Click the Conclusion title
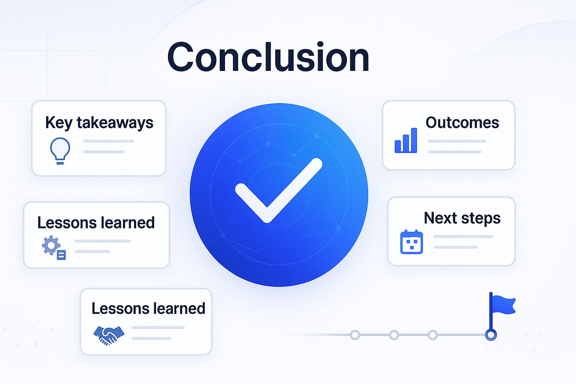pos(268,57)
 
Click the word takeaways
pos(115,123)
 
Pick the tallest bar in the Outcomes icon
pos(414,140)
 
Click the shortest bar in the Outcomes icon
pos(398,146)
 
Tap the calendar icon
pos(411,242)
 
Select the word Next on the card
pos(441,218)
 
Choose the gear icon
pos(51,245)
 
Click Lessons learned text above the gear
pos(96,222)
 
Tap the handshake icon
pos(109,335)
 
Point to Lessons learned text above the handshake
pos(148,308)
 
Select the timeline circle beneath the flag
pos(491,335)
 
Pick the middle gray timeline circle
pos(394,335)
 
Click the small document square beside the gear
pos(61,255)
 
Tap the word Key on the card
pos(59,123)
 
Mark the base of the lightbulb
pos(60,163)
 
